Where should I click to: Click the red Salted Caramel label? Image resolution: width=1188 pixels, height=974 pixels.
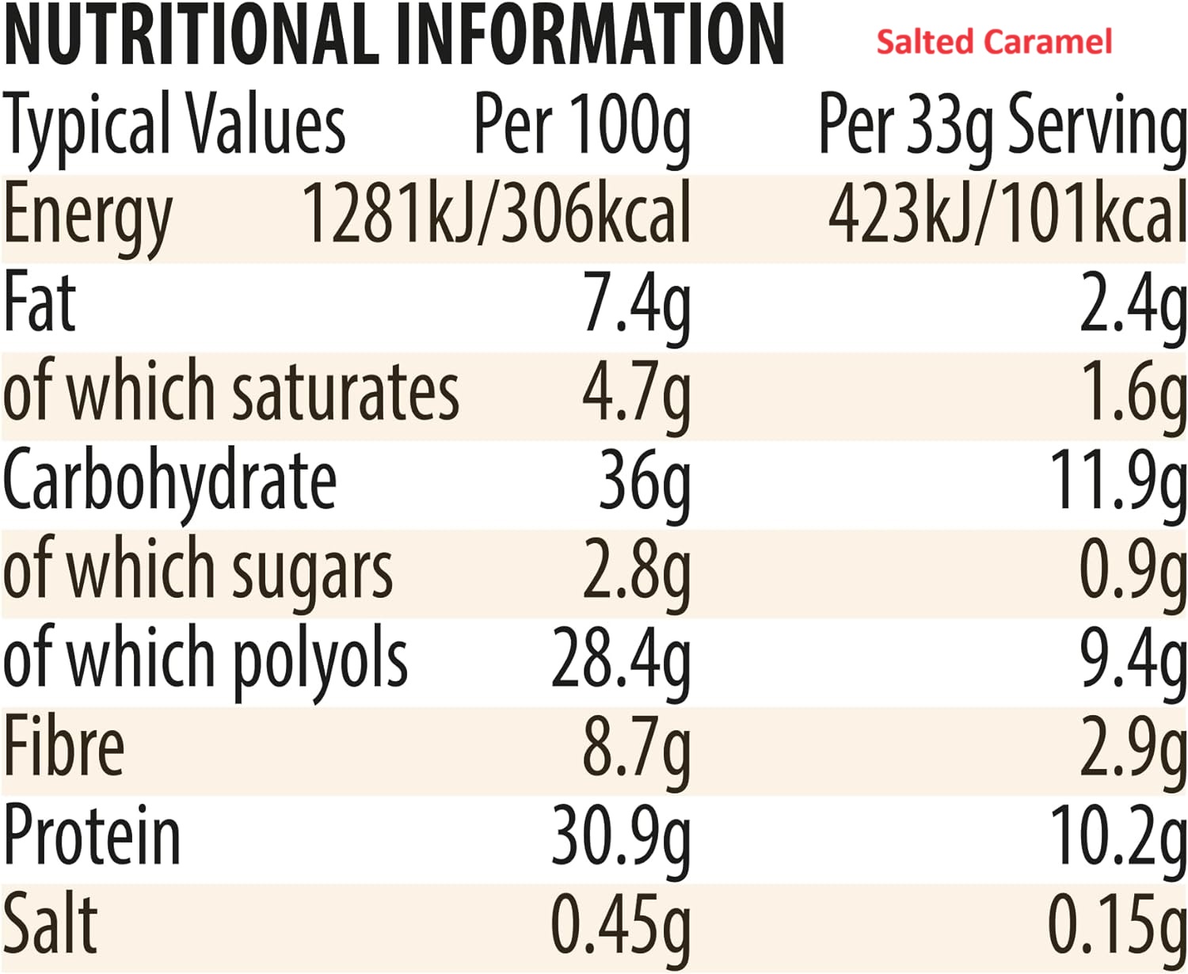(x=993, y=41)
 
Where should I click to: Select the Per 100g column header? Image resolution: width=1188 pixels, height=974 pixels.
(x=582, y=125)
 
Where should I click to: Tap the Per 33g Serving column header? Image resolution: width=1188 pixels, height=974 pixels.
(x=1002, y=125)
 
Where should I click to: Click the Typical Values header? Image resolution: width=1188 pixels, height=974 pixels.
(x=174, y=125)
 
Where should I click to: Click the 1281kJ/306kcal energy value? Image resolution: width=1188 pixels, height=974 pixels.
(x=497, y=214)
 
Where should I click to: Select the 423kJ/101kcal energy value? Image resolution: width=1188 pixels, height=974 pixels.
(x=1007, y=214)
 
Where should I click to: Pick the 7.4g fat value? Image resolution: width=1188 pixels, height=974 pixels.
(x=636, y=305)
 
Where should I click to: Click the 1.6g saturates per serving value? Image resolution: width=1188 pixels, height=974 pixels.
(x=1133, y=394)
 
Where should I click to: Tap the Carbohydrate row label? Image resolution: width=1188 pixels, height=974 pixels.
(x=169, y=481)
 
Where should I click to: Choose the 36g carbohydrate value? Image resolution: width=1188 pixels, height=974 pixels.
(x=644, y=481)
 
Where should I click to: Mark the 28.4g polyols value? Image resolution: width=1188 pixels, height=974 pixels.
(x=621, y=660)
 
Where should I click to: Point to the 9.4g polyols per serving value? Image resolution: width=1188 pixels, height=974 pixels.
(x=1133, y=660)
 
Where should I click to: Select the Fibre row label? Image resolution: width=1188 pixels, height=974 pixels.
(x=63, y=748)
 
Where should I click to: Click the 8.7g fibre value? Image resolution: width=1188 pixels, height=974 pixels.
(x=636, y=748)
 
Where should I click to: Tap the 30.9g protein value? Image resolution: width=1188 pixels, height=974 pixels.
(x=621, y=837)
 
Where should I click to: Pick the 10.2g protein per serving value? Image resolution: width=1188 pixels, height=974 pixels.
(x=1118, y=837)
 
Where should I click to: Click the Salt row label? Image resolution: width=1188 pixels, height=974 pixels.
(x=50, y=925)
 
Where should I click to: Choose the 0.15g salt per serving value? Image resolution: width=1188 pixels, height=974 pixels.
(x=1118, y=925)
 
